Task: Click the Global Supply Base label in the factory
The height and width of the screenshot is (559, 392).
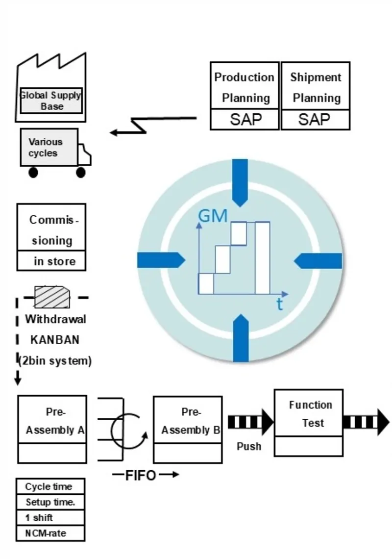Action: pos(51,101)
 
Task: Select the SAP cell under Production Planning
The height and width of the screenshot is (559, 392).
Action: pos(245,120)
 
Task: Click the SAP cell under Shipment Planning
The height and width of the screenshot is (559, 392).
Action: pos(315,120)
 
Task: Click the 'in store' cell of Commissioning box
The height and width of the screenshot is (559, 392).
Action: pos(52,261)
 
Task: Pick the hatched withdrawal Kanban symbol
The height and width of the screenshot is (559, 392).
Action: pos(52,297)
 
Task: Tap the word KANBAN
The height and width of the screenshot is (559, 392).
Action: pos(54,340)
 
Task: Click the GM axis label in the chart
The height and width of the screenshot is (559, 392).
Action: pos(213,216)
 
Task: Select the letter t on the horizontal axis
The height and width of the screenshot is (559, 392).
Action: pos(279,305)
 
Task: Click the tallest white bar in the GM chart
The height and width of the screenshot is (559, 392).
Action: pos(263,257)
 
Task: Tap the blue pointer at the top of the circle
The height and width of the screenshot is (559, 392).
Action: pos(240,181)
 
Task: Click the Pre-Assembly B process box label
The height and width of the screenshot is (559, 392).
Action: pos(190,421)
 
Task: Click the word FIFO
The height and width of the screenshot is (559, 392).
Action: pos(141,475)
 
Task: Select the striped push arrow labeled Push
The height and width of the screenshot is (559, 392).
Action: pos(250,422)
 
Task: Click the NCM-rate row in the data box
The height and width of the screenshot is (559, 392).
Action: pos(50,533)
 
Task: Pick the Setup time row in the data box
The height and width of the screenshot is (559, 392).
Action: pos(50,502)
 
